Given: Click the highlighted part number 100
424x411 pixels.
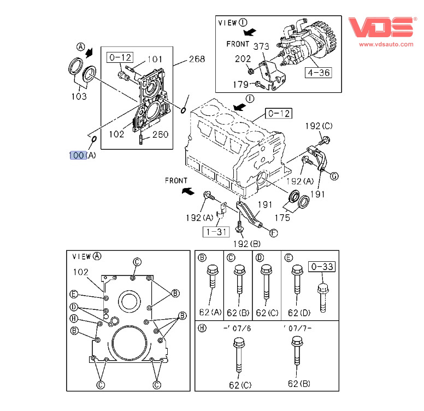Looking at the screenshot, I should (x=77, y=155).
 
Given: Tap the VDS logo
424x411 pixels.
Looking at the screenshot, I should (x=381, y=26).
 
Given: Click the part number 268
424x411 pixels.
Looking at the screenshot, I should (x=196, y=59).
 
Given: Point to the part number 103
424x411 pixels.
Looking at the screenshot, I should (x=79, y=97).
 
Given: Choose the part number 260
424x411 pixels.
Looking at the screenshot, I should (x=160, y=134).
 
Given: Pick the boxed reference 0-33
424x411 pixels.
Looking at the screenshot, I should (x=321, y=267).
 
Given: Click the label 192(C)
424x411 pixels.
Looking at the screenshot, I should (x=319, y=126).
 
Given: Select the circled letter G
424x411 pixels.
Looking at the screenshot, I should (x=334, y=175).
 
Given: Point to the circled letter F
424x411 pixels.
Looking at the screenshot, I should (x=273, y=232).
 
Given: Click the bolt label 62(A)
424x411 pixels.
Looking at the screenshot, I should (x=210, y=313).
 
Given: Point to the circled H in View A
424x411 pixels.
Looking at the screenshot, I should (x=73, y=319).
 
